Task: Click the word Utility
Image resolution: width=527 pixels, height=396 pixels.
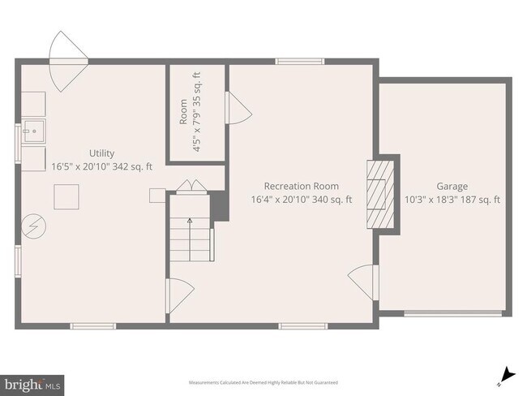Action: [x=101, y=153]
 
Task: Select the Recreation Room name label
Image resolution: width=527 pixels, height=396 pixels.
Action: [x=301, y=186]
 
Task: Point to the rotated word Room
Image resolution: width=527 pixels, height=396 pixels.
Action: [x=183, y=112]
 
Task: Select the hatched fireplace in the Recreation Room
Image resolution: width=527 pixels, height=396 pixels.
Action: [x=378, y=195]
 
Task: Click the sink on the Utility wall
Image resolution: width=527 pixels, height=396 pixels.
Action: [x=33, y=130]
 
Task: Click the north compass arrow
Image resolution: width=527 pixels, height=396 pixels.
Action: [x=507, y=374]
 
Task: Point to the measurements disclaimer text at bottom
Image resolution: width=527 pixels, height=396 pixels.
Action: [x=263, y=382]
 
